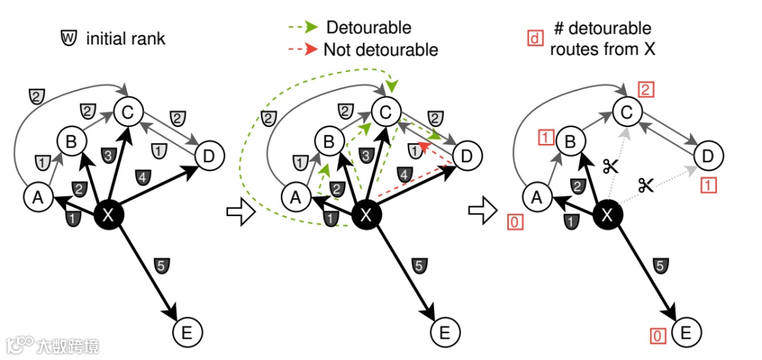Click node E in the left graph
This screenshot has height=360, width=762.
point(187,330)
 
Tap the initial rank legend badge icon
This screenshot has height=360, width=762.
point(68,38)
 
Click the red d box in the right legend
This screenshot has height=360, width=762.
point(535,37)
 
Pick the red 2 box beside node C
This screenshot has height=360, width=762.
point(646,89)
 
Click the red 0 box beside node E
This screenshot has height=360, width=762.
point(658,336)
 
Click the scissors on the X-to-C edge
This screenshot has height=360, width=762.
point(610,166)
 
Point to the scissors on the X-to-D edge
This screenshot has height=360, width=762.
point(646,185)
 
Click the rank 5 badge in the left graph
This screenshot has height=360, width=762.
point(160,266)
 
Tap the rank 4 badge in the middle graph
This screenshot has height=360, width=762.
point(404,174)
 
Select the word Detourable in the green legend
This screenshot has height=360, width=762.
point(368,28)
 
